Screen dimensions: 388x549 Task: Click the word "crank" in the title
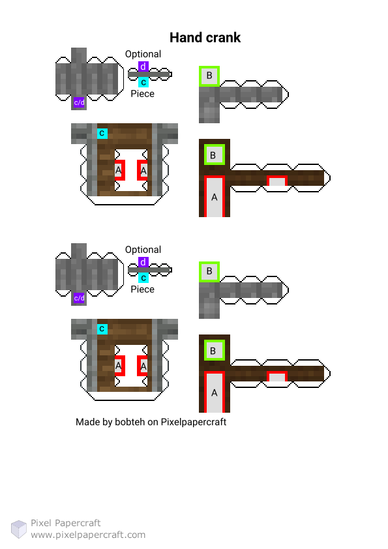[223, 37]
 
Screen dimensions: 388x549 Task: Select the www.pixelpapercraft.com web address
[88, 535]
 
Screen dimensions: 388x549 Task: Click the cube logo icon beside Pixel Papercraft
[18, 529]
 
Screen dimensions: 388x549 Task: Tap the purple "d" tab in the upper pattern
[143, 66]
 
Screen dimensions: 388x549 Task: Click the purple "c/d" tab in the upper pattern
[79, 102]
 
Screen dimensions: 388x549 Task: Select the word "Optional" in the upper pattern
[143, 54]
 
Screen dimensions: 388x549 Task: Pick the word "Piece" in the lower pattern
[143, 289]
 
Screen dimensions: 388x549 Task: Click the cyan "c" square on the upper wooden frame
[102, 134]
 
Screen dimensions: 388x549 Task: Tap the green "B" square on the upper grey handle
[209, 76]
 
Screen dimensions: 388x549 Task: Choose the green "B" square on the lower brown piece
[215, 351]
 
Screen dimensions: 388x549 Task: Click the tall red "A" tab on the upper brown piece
[215, 196]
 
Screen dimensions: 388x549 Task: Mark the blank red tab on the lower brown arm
[277, 376]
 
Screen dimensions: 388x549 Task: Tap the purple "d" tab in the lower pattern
[143, 262]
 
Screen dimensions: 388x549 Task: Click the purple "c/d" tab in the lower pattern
[79, 299]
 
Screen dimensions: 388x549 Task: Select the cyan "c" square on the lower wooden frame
[102, 329]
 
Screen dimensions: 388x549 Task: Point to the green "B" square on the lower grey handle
[209, 271]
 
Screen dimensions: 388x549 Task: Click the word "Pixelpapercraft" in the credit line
[193, 422]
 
